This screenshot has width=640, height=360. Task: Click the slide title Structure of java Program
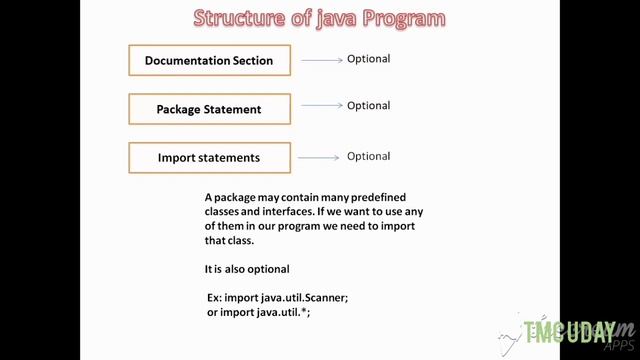(319, 19)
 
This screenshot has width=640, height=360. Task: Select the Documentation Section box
(209, 61)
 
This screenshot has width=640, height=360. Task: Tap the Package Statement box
(209, 109)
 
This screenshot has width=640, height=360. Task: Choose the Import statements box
(209, 158)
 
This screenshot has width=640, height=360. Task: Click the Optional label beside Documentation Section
(368, 59)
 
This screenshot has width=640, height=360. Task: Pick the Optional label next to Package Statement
(368, 106)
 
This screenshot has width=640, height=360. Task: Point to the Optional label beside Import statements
(368, 157)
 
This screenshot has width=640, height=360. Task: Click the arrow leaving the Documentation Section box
(322, 60)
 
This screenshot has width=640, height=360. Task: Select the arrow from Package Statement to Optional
(322, 106)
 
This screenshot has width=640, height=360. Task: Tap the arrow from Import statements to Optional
(320, 158)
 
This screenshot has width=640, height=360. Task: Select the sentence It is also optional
(247, 269)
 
